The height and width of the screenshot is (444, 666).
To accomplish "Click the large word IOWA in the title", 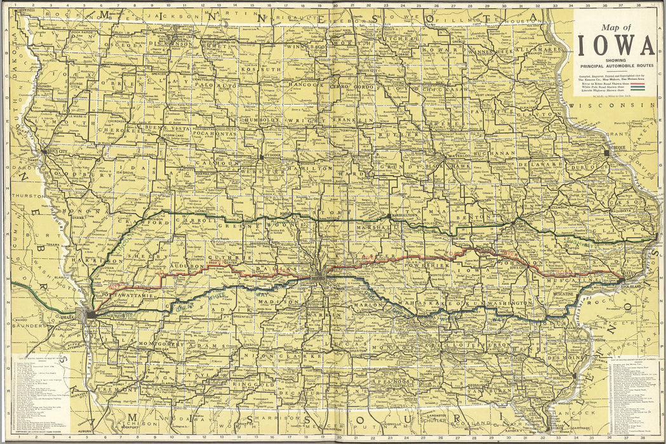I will pyautogui.click(x=615, y=45).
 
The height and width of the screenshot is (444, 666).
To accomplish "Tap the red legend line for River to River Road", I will pyautogui.click(x=639, y=82).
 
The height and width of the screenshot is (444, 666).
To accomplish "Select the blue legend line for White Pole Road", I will pyautogui.click(x=639, y=86).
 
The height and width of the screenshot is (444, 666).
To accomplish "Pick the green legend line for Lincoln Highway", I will pyautogui.click(x=639, y=91).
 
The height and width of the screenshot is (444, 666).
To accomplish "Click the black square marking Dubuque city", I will pyautogui.click(x=608, y=153).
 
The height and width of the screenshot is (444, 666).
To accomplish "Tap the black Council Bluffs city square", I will pyautogui.click(x=91, y=313).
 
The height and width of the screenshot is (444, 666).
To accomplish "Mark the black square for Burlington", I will pyautogui.click(x=574, y=375).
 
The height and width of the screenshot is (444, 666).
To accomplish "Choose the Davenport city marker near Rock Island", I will pyautogui.click(x=621, y=280).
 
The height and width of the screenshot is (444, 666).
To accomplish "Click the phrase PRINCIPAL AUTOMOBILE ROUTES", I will pyautogui.click(x=614, y=66).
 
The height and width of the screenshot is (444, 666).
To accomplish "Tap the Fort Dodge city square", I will pyautogui.click(x=261, y=155).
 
